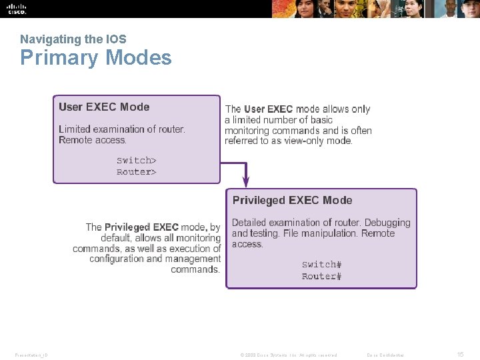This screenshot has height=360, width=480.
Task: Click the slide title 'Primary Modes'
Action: (x=95, y=58)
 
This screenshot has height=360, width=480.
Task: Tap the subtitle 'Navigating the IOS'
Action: (x=73, y=39)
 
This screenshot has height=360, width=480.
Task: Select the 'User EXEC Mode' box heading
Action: (x=104, y=107)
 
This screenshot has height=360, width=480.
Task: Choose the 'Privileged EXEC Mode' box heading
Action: (x=292, y=200)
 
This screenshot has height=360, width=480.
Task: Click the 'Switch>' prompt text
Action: (x=137, y=160)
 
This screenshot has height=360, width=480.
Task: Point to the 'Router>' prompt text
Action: (x=137, y=172)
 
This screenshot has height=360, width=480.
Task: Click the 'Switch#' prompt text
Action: (x=321, y=265)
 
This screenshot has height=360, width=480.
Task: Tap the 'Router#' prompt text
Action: (x=321, y=277)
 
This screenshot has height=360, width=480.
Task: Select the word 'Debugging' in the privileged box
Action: (x=387, y=223)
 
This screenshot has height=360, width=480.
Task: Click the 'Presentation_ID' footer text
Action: (x=31, y=355)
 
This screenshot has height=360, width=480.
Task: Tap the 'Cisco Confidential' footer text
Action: (x=385, y=355)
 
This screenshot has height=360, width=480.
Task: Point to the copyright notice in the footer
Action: (x=289, y=355)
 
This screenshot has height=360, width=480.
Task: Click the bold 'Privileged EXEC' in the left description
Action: (x=141, y=227)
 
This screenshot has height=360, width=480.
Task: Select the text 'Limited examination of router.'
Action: (x=122, y=129)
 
